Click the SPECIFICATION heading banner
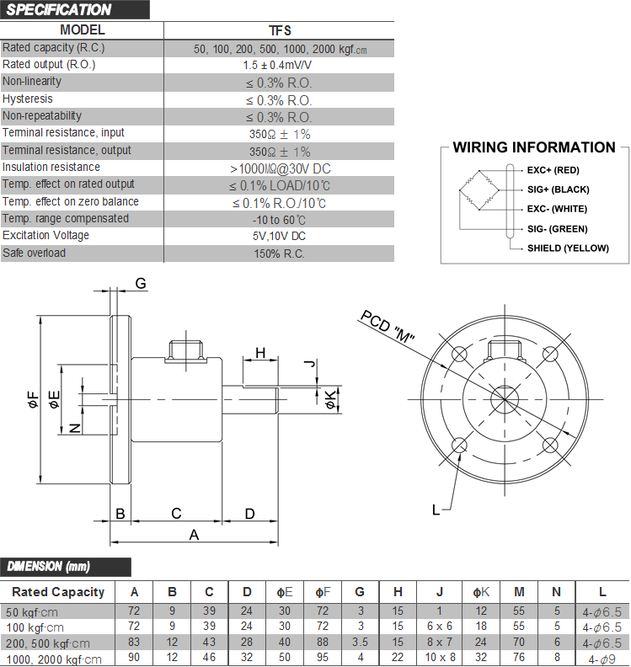(74, 10)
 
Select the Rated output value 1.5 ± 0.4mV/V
(277, 65)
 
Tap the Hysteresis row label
(28, 99)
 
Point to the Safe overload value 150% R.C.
(279, 254)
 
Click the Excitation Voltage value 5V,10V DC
(279, 236)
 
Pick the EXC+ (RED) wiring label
(553, 170)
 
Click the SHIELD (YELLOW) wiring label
(568, 248)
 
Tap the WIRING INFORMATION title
(534, 147)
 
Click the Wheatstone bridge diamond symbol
(479, 190)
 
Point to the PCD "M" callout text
(388, 327)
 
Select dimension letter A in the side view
(194, 535)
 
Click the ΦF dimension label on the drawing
(33, 400)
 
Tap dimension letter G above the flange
(141, 283)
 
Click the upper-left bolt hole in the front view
(459, 354)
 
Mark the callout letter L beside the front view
(436, 510)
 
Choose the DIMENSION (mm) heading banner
(66, 567)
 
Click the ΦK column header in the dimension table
(481, 592)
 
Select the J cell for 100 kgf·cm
(440, 627)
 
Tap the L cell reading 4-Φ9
(602, 659)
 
